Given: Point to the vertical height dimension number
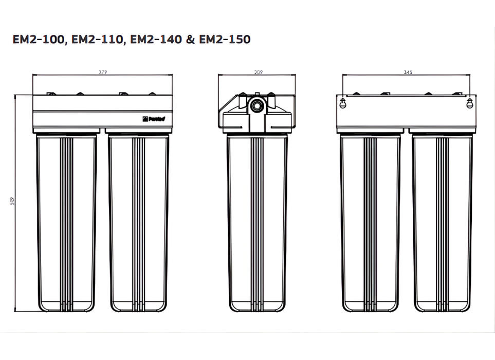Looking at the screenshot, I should tap(12, 203).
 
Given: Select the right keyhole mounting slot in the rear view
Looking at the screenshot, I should tap(469, 103).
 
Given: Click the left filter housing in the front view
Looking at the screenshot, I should tap(67, 221).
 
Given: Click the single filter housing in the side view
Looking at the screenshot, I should tap(258, 221).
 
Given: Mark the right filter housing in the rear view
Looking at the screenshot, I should tap(443, 221).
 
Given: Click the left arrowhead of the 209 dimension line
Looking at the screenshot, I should tap(220, 76).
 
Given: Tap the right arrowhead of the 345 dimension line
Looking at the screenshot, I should tap(470, 76).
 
